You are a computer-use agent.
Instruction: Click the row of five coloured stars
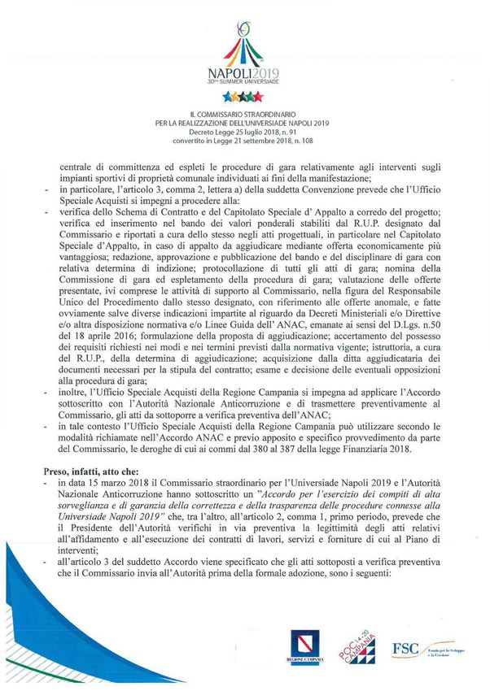click(x=244, y=96)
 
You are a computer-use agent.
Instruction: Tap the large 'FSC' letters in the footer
click(x=405, y=648)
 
